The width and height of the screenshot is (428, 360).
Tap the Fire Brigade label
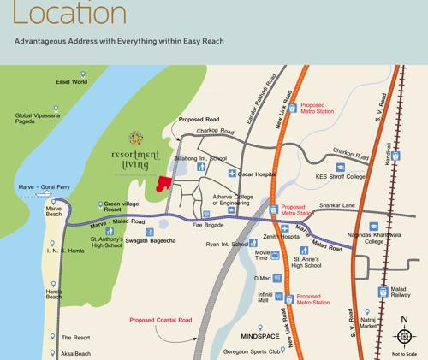tap(208, 226)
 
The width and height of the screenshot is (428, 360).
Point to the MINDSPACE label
tap(260, 327)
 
